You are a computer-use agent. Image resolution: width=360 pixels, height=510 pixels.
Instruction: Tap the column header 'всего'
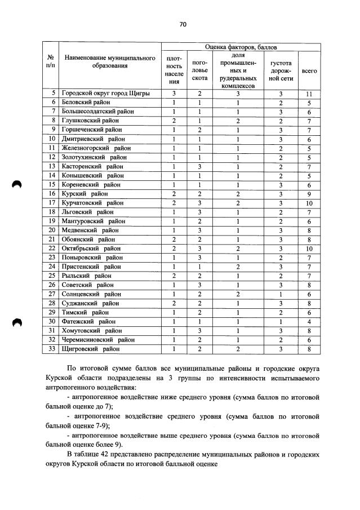tap(309, 71)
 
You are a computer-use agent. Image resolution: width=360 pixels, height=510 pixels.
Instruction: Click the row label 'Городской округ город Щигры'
tap(105, 94)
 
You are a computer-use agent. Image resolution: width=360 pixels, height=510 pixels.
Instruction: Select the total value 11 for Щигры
tap(309, 94)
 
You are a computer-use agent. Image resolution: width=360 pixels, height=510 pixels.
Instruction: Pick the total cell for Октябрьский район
tap(309, 248)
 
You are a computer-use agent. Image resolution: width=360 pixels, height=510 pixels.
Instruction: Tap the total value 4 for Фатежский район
tap(309, 321)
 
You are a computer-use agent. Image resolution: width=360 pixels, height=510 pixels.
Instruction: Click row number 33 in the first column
tap(51, 348)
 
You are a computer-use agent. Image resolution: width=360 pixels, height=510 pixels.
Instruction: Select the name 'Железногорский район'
tap(94, 148)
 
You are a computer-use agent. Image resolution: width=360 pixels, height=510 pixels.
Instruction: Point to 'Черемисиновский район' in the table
tap(98, 339)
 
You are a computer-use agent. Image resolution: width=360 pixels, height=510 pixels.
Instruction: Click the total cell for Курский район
tap(309, 193)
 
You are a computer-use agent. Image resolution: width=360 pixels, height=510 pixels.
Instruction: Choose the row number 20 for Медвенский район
tap(51, 230)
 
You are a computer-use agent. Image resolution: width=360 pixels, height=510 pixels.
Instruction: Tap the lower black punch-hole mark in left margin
tap(17, 322)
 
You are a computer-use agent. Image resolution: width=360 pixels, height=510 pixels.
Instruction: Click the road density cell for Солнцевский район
tap(280, 294)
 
